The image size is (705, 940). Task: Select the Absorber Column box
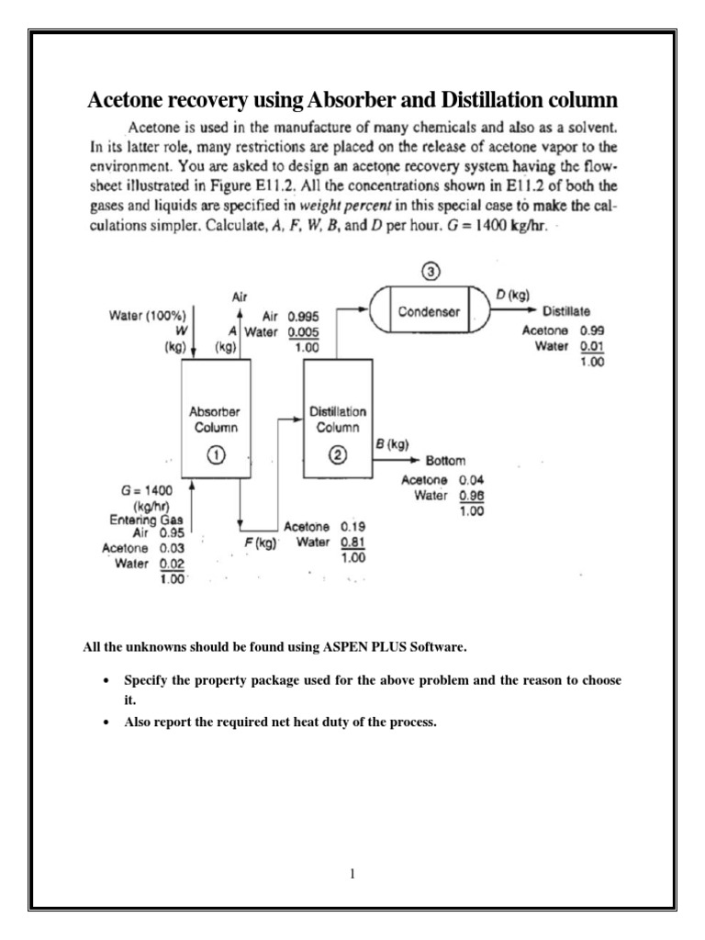click(x=216, y=418)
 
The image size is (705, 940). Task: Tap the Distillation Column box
click(x=337, y=418)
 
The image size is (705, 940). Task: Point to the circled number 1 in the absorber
click(x=216, y=454)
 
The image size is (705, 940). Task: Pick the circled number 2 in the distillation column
click(x=337, y=454)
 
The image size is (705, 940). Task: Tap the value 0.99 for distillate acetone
click(x=590, y=330)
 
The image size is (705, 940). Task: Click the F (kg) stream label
click(x=260, y=543)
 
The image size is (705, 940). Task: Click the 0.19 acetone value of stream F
click(x=352, y=528)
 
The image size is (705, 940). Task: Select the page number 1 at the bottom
click(x=352, y=874)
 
